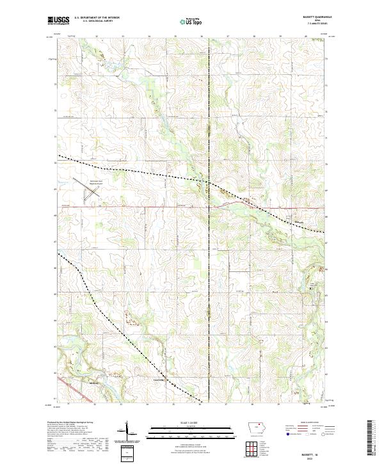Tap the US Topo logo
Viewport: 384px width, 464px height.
tap(191, 21)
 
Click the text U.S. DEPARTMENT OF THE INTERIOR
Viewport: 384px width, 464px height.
tap(97, 18)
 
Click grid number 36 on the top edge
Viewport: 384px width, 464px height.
tap(201, 37)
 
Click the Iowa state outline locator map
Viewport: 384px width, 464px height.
tap(257, 427)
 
